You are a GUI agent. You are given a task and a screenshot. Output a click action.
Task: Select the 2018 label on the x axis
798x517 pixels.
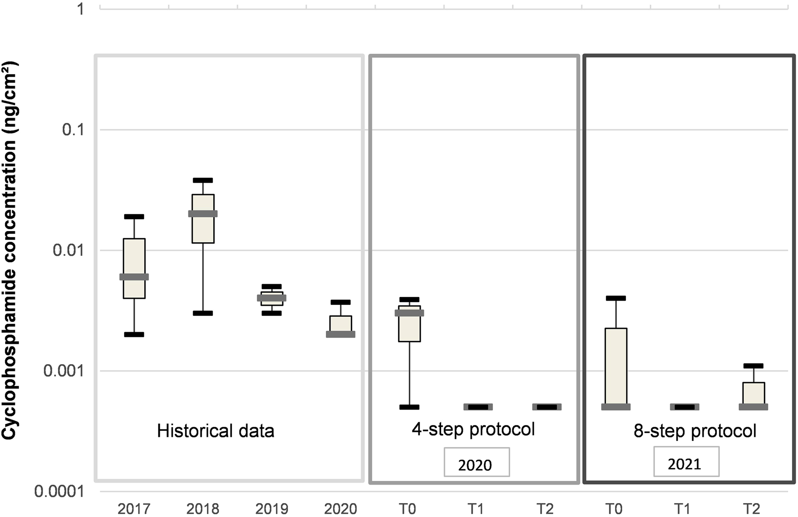pyautogui.click(x=203, y=509)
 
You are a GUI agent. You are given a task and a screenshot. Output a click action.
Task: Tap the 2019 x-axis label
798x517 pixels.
pyautogui.click(x=272, y=509)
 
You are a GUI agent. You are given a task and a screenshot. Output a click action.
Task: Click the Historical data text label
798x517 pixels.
pyautogui.click(x=215, y=431)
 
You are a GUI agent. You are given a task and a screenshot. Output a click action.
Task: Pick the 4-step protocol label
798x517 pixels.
pyautogui.click(x=473, y=429)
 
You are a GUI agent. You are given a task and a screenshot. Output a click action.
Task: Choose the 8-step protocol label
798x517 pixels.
pyautogui.click(x=694, y=431)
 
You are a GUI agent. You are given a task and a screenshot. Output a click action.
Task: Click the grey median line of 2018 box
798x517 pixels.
pyautogui.click(x=203, y=214)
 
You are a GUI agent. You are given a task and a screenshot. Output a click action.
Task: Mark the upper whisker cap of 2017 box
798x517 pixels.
pyautogui.click(x=134, y=216)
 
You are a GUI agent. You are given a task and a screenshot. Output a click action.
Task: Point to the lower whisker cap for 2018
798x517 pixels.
pyautogui.click(x=203, y=313)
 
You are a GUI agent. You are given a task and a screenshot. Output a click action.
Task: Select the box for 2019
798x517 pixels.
pyautogui.click(x=272, y=298)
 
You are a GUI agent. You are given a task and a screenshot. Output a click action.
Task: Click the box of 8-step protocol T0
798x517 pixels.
pyautogui.click(x=616, y=366)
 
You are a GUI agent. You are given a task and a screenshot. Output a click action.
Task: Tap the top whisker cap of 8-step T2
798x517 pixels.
pyautogui.click(x=753, y=366)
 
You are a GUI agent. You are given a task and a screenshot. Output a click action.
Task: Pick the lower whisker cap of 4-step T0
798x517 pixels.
pyautogui.click(x=409, y=407)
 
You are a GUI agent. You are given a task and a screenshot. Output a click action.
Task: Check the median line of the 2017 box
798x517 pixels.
pyautogui.click(x=134, y=277)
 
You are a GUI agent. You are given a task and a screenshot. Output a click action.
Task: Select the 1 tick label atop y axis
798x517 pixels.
pyautogui.click(x=81, y=9)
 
